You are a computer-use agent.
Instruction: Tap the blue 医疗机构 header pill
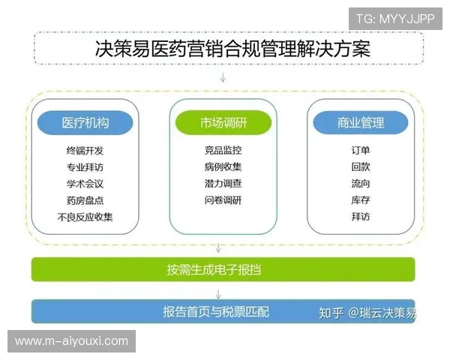click(85, 123)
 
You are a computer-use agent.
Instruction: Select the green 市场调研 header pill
click(223, 123)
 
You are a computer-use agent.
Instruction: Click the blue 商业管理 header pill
click(360, 123)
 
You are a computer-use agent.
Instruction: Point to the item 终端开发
click(85, 151)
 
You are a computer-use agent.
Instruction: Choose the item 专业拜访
click(85, 167)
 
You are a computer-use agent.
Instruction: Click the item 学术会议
click(85, 184)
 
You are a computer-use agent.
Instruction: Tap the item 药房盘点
click(85, 200)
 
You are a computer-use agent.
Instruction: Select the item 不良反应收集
click(85, 217)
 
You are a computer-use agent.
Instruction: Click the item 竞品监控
click(223, 151)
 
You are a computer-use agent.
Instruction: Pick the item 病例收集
click(223, 167)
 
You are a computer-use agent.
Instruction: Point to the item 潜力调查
click(223, 184)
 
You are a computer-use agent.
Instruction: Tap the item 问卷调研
click(223, 200)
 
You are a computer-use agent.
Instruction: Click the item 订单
click(360, 151)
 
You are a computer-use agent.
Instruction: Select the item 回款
click(360, 167)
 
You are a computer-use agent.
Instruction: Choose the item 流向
click(360, 184)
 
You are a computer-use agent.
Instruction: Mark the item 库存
click(360, 200)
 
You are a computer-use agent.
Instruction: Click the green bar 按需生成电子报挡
click(223, 268)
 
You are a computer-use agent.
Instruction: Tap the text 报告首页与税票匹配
click(216, 311)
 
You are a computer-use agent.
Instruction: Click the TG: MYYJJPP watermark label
click(394, 18)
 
